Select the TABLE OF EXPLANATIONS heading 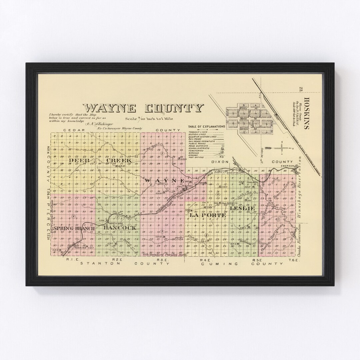206,127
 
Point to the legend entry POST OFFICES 197,157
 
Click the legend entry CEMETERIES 197,150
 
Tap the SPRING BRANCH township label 74,228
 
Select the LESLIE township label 242,209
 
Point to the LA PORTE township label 207,215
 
